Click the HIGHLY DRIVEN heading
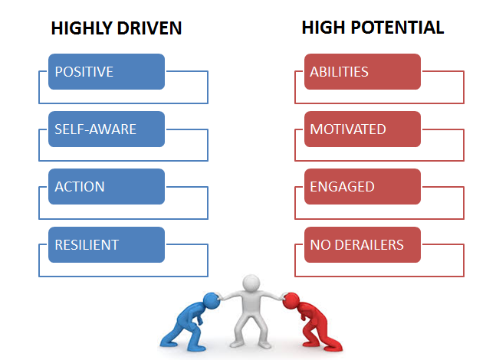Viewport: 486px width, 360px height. coord(117,28)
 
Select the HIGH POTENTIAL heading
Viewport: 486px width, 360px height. coord(373,28)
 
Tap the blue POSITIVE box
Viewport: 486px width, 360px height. coord(107,71)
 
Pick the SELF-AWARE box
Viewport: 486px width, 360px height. coord(107,129)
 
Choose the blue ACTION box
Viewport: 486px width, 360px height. coord(107,186)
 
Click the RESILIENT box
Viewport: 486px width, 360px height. coord(107,245)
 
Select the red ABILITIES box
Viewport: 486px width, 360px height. coord(363,71)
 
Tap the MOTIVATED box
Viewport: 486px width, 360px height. coord(363,129)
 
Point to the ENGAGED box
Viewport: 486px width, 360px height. coord(363,186)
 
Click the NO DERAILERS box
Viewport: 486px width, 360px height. coord(363,245)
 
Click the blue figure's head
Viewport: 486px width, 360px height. coord(212,301)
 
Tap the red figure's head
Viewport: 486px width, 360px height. coord(291,301)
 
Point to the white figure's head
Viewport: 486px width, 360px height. coord(251,283)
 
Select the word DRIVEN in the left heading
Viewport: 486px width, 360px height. coord(149,28)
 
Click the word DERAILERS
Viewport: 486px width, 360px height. coord(369,245)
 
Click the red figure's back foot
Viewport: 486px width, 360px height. coord(333,346)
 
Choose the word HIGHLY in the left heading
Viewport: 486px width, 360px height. coord(81,28)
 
